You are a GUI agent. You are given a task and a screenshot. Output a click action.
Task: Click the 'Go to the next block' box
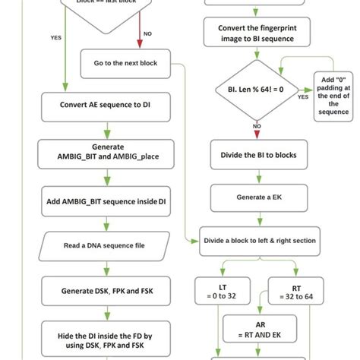(x=126, y=64)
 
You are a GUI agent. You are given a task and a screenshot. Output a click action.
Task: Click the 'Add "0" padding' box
(x=333, y=96)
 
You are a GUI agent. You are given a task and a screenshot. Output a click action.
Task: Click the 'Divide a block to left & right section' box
(x=259, y=241)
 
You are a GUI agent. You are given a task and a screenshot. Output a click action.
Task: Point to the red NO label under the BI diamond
(x=257, y=126)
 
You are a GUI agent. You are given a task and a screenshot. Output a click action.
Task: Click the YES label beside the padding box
(x=303, y=97)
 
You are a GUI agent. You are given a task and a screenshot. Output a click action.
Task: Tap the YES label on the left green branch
(x=56, y=37)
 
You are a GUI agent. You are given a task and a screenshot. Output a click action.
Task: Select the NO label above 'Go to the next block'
(x=147, y=34)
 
